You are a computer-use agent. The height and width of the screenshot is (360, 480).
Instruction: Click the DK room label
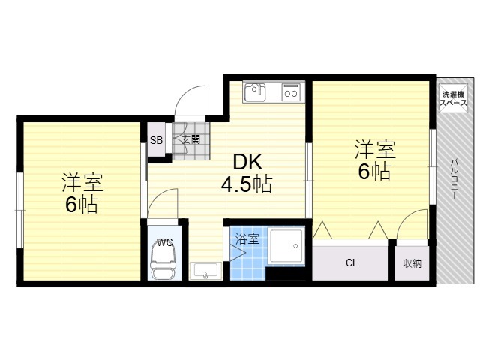[247, 162]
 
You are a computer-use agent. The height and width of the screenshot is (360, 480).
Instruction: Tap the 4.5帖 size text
[247, 184]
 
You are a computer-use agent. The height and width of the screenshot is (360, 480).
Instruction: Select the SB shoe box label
[156, 140]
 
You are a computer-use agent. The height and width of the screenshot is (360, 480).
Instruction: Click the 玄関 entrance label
[191, 140]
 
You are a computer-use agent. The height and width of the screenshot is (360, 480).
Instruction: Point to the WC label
[165, 242]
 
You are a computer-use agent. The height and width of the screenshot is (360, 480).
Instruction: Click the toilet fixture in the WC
[163, 262]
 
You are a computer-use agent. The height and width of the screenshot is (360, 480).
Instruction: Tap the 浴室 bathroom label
[247, 238]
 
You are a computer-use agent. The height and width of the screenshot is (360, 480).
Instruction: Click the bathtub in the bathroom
[286, 245]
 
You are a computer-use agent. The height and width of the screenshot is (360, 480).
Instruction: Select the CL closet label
[352, 262]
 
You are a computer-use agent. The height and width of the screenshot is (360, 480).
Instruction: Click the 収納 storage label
[412, 263]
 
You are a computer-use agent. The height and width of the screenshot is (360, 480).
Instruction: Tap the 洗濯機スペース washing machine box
[453, 98]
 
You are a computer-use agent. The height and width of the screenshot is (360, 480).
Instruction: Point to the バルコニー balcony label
[454, 179]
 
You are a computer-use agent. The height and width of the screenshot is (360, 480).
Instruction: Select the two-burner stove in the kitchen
[291, 91]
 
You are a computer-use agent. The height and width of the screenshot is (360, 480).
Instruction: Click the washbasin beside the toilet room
[205, 271]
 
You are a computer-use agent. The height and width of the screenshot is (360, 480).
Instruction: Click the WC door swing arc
[156, 196]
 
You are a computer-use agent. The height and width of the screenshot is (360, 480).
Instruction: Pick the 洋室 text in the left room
[82, 182]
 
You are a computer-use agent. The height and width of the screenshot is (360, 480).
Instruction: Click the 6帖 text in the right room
[374, 172]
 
